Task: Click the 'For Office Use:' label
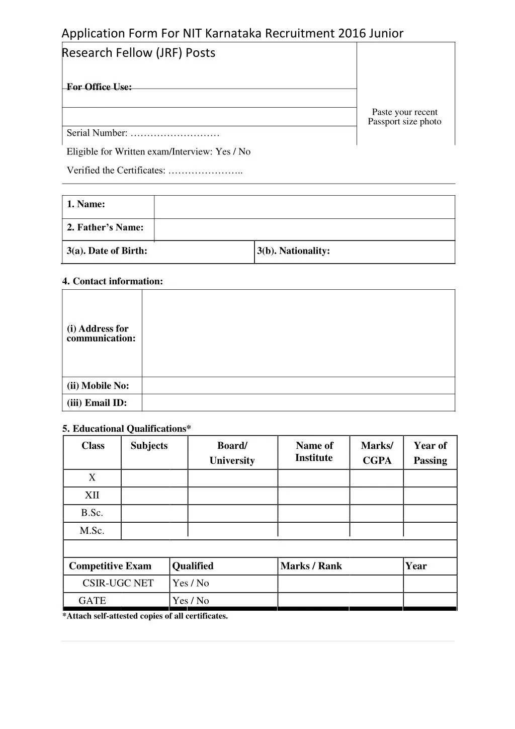(99, 87)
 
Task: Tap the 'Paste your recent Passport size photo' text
(404, 117)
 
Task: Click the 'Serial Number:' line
(143, 133)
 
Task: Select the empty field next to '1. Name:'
(304, 207)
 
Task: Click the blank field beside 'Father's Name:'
(304, 229)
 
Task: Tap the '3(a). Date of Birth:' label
(107, 251)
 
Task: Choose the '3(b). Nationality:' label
(293, 251)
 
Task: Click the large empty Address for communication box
(298, 333)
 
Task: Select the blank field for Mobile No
(298, 385)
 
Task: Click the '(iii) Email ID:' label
(97, 402)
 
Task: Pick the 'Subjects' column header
(149, 446)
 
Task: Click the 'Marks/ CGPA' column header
(377, 453)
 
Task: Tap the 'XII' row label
(92, 495)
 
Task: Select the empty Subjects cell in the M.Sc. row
(154, 530)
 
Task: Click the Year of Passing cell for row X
(430, 477)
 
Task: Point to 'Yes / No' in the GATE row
(191, 600)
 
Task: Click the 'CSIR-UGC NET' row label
(118, 583)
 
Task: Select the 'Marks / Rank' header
(311, 566)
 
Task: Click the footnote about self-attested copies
(145, 616)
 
